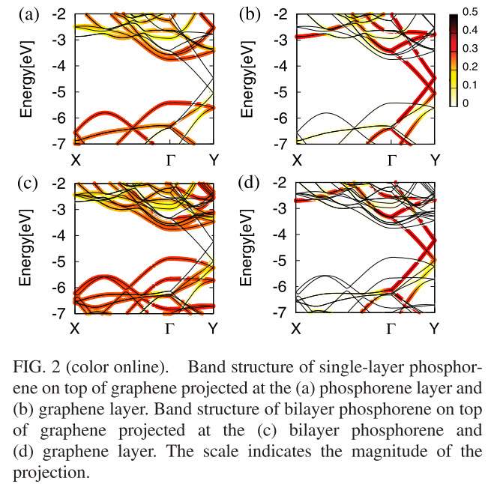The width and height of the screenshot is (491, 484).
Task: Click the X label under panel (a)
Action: (75, 160)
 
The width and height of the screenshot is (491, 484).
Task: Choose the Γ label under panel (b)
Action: (391, 160)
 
